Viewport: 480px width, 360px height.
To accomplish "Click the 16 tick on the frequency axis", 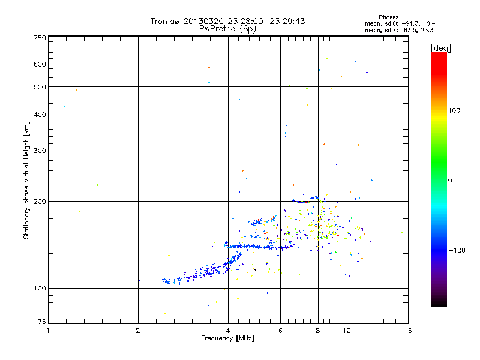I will click(407, 331).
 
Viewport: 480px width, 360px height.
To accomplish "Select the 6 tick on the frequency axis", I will click(280, 331).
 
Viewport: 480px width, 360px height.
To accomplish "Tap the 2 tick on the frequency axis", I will click(138, 331).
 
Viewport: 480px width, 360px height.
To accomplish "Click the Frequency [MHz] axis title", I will click(227, 338).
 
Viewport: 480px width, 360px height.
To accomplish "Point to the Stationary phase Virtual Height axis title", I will click(26, 180).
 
